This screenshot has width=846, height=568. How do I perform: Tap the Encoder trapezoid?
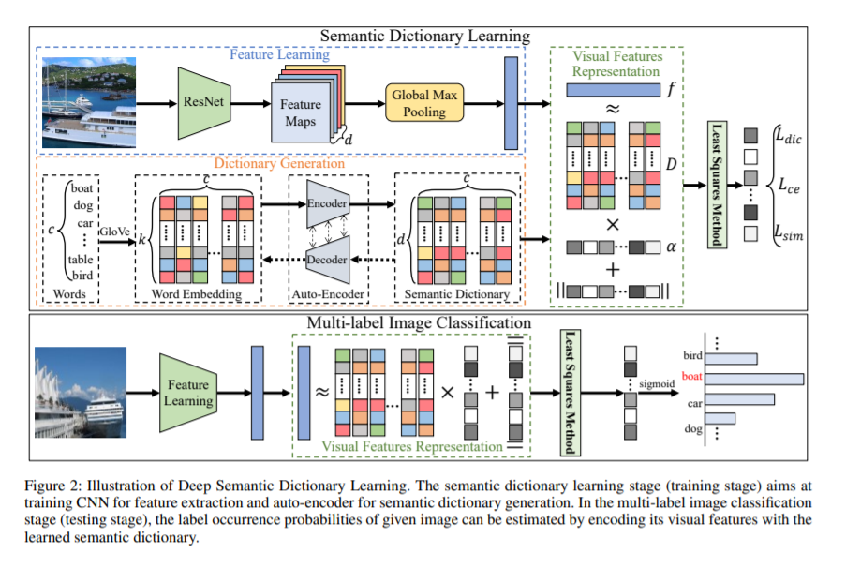click(327, 205)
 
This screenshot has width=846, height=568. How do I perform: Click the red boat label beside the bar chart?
click(691, 378)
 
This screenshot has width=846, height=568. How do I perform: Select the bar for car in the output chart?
click(739, 399)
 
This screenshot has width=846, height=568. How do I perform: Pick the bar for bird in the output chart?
click(731, 357)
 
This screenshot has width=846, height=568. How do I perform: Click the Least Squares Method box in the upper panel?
click(717, 185)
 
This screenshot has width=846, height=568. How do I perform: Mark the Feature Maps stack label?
click(300, 113)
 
